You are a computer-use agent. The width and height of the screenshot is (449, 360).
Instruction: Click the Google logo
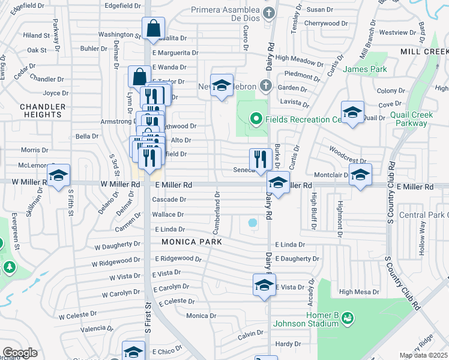20,353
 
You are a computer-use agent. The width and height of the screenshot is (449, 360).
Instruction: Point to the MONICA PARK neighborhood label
191,242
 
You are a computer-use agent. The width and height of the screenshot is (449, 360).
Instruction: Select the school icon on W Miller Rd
58,175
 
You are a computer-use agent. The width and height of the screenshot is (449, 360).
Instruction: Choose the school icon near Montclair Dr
360,175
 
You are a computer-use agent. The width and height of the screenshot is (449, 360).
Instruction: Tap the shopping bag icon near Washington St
154,28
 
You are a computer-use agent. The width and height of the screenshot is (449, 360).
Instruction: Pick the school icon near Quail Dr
352,112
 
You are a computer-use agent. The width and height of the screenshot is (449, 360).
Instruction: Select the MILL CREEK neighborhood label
424,52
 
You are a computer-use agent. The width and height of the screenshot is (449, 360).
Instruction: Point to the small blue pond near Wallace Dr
253,223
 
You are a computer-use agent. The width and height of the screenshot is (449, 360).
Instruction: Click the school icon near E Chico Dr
133,352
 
